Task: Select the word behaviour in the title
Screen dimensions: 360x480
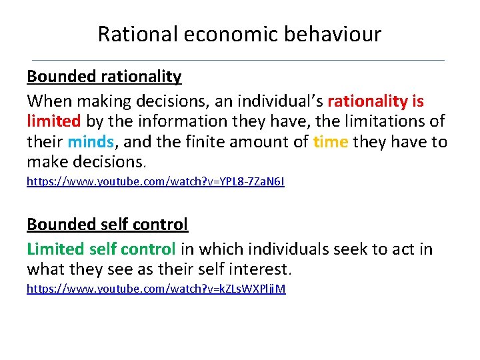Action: pyautogui.click(x=334, y=34)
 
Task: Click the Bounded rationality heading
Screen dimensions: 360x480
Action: pyautogui.click(x=104, y=77)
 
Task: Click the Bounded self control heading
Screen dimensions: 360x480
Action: pyautogui.click(x=107, y=225)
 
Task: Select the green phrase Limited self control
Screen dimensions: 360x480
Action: pyautogui.click(x=101, y=249)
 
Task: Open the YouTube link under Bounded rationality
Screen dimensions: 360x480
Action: pyautogui.click(x=155, y=181)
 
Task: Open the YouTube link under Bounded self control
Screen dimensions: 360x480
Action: pyautogui.click(x=156, y=289)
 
